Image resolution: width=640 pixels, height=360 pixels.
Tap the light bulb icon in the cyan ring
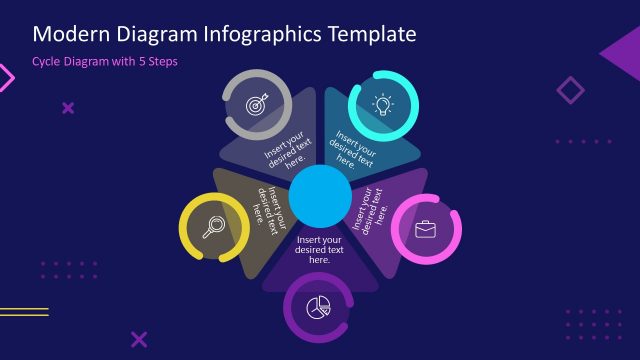383,104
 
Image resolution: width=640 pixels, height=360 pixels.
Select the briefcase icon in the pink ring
426,230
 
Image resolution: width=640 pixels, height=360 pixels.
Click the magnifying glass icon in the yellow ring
213,227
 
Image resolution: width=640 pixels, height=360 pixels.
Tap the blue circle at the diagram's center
320,196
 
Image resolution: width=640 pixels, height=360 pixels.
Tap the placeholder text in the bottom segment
320,250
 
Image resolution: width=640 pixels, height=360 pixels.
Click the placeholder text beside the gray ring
286,151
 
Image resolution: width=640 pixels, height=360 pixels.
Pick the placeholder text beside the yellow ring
265,204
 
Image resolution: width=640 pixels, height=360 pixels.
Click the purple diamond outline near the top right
570,91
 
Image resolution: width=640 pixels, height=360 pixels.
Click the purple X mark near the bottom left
139,339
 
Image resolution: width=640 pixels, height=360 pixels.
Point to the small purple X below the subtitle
68,107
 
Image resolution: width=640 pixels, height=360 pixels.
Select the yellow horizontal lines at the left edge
22,312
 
